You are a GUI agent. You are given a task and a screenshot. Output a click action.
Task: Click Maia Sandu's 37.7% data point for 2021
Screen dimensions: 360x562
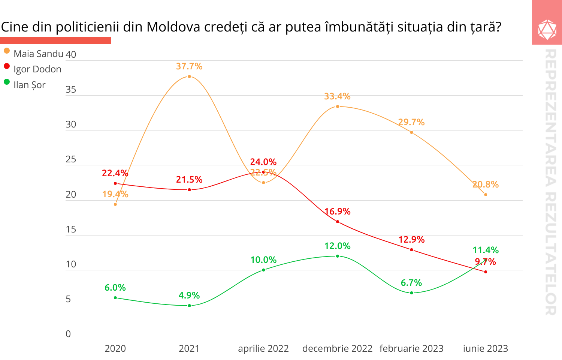click(x=189, y=76)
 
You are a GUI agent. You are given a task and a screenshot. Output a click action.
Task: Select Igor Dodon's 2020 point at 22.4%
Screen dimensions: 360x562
click(x=115, y=183)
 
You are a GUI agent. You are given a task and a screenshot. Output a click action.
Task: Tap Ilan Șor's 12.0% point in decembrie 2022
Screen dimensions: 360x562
click(x=338, y=256)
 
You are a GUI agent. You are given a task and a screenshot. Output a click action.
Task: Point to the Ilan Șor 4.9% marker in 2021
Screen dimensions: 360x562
click(x=189, y=306)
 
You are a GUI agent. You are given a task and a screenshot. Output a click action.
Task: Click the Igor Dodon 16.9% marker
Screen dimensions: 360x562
click(x=338, y=222)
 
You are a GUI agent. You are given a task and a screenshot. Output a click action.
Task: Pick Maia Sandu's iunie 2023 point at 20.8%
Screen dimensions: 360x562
click(x=486, y=195)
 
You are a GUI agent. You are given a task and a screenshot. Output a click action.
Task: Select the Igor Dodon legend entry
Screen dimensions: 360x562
click(x=37, y=69)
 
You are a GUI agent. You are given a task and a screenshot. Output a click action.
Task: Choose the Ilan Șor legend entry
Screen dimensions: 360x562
click(x=29, y=85)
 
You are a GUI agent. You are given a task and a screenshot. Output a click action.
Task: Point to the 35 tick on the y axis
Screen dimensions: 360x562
click(x=71, y=90)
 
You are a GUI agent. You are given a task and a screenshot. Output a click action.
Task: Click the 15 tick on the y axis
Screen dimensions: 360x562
click(x=71, y=229)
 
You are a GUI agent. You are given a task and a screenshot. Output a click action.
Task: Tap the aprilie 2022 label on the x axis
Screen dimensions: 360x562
click(x=263, y=349)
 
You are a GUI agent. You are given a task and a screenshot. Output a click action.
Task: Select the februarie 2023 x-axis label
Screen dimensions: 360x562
click(x=411, y=349)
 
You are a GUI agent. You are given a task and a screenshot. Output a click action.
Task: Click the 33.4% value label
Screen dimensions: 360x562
click(x=337, y=96)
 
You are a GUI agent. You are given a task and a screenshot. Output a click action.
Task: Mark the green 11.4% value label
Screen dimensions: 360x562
click(x=486, y=250)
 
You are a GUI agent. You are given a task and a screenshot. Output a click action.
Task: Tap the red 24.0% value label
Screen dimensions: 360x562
click(x=263, y=162)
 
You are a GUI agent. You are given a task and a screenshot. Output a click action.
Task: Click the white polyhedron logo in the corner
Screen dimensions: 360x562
click(x=547, y=30)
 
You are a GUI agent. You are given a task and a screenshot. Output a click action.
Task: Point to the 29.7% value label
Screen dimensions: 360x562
click(x=411, y=122)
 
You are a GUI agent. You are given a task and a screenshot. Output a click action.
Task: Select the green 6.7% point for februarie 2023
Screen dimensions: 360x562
click(x=411, y=293)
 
